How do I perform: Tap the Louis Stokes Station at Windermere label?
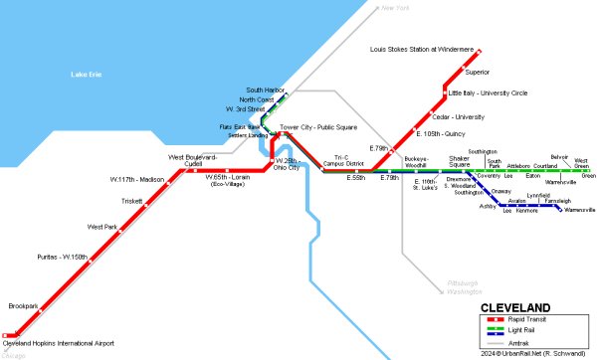click(422, 49)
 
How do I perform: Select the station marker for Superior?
click(462, 72)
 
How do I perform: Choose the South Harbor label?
click(266, 90)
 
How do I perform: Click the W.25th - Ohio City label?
click(287, 163)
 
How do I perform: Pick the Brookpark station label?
click(23, 305)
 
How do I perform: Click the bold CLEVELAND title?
click(516, 306)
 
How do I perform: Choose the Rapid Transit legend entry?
click(538, 318)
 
